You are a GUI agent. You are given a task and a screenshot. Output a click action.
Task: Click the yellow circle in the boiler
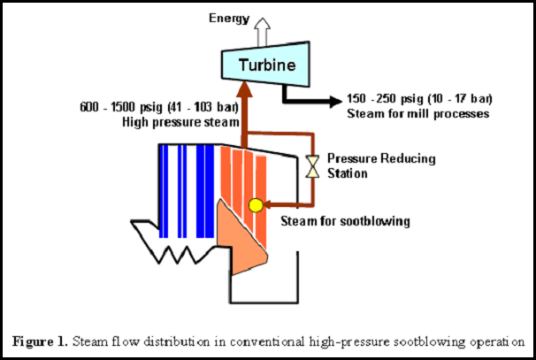coord(256,205)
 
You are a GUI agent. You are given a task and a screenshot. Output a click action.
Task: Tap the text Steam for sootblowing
coord(345,221)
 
